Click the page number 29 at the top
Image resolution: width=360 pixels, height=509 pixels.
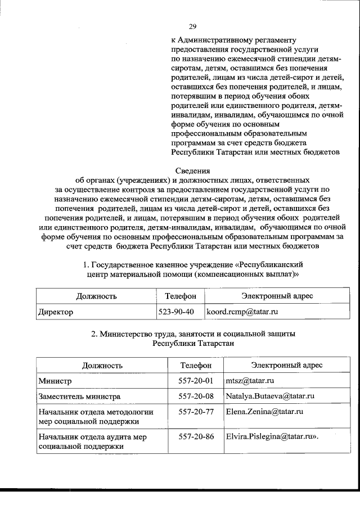(192, 26)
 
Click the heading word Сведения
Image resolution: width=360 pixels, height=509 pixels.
(192, 171)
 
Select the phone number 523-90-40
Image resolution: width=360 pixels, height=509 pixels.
(176, 311)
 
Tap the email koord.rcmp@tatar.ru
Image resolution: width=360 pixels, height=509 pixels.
(242, 311)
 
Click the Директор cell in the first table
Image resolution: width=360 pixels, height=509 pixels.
(55, 312)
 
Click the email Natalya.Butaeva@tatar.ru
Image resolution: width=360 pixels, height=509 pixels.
(269, 396)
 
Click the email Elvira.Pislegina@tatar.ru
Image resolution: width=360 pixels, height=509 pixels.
(270, 436)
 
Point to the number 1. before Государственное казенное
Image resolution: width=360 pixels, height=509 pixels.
(86, 264)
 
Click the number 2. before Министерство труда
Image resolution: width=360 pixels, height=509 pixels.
(94, 334)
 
